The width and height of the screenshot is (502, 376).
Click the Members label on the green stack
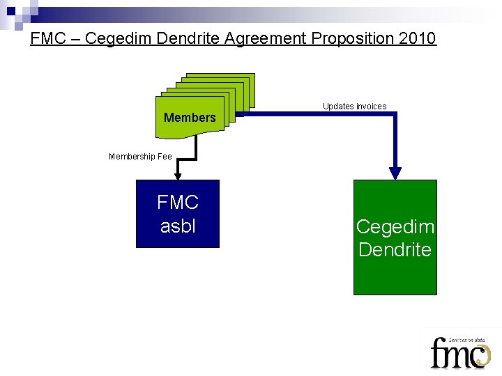[190, 118]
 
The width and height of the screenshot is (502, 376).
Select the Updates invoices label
[354, 107]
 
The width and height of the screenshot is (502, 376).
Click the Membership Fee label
[140, 157]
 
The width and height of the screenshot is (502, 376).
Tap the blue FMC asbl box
[178, 214]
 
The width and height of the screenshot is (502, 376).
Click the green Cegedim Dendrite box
[395, 237]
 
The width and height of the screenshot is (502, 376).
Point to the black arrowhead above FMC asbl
[178, 176]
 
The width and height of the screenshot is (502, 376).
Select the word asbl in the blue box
[178, 226]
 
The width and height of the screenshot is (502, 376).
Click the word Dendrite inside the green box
[395, 250]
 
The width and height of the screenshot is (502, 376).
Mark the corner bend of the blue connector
[395, 113]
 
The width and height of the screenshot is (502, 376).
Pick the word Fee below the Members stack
[165, 157]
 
